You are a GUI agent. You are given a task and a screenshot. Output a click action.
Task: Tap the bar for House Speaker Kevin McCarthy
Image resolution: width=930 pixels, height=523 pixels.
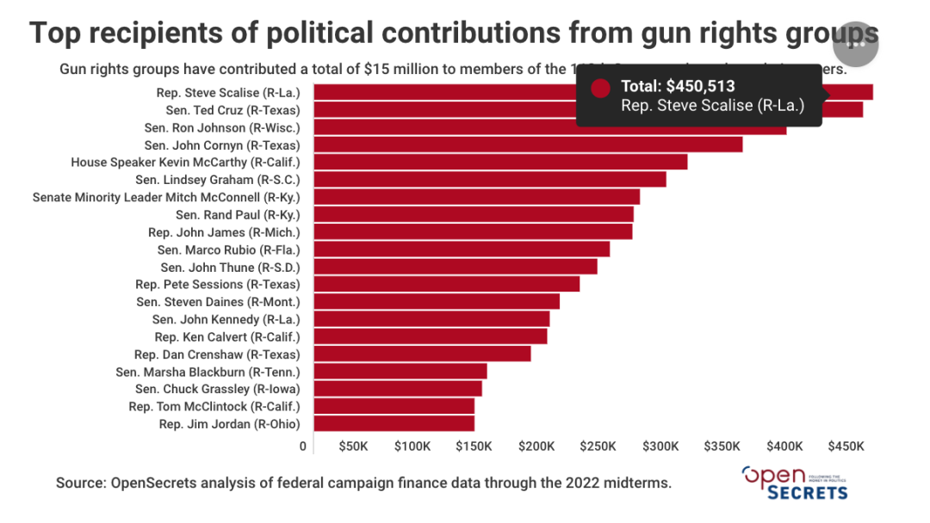(x=500, y=162)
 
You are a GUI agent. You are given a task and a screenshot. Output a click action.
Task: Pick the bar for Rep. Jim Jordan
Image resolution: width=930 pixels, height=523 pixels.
(x=394, y=423)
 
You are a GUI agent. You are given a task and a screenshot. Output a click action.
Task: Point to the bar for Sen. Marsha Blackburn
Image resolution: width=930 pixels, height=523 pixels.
(x=400, y=371)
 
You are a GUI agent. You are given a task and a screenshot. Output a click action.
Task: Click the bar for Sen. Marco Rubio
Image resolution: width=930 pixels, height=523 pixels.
(x=462, y=249)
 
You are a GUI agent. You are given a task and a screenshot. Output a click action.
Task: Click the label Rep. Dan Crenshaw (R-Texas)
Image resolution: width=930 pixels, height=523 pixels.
(x=217, y=354)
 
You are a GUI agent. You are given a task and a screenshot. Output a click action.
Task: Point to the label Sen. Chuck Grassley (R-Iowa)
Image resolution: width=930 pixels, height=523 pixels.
(x=218, y=389)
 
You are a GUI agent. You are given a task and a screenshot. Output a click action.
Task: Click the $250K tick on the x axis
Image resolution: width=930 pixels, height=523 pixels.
(x=598, y=446)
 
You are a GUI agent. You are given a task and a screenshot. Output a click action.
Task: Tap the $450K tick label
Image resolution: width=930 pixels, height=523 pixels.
(x=846, y=446)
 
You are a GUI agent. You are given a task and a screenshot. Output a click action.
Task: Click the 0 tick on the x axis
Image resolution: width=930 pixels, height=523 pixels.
(x=303, y=446)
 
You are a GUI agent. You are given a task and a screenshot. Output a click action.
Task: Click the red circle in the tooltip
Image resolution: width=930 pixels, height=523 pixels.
(x=601, y=88)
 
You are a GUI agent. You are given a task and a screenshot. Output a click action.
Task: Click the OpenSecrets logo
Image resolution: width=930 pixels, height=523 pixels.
(x=794, y=483)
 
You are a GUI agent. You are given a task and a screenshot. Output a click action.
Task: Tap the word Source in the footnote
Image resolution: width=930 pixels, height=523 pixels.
(x=80, y=483)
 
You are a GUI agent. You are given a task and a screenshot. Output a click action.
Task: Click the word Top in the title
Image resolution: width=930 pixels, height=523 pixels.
(x=59, y=34)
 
